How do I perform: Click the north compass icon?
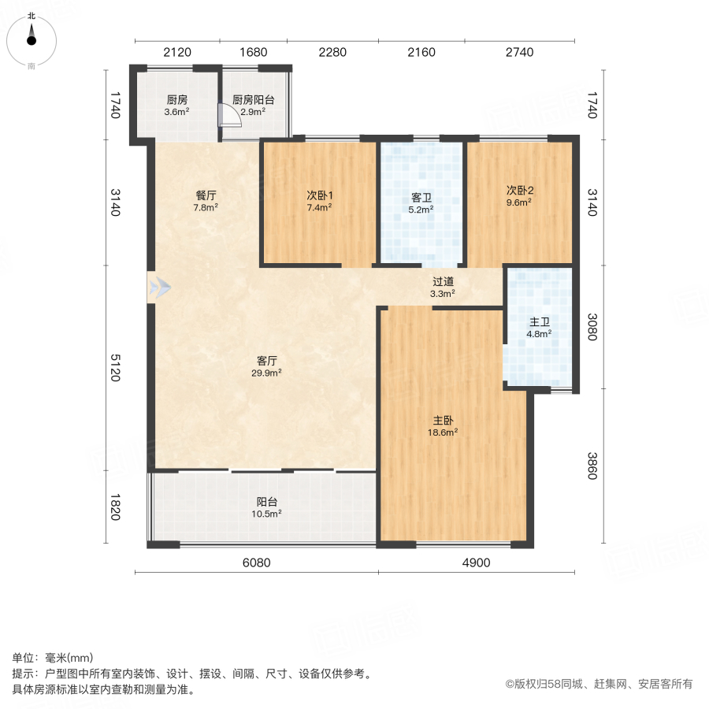(32, 39)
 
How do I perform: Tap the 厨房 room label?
(176, 100)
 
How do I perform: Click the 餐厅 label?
(206, 195)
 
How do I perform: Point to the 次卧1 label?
(318, 195)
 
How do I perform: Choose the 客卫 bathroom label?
(422, 198)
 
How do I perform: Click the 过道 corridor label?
(443, 281)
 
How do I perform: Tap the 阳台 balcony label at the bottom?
(266, 501)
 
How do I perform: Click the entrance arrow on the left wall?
(160, 288)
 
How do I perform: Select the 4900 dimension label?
(476, 562)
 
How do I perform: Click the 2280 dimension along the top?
(332, 53)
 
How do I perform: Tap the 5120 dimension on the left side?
(115, 366)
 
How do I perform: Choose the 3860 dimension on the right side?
(592, 465)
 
